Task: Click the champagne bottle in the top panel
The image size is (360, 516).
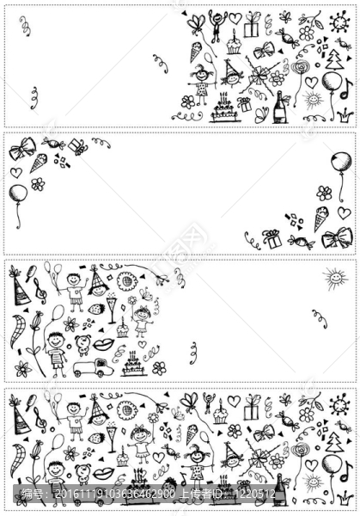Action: tap(280, 108)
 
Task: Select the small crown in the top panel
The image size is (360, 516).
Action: tap(344, 113)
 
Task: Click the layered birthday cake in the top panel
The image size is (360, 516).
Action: tap(223, 108)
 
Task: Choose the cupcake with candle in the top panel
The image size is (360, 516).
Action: tap(233, 44)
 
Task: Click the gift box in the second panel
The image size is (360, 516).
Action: tap(272, 238)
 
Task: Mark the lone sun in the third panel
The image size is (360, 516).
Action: tap(334, 278)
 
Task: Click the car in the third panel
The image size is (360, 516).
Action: tap(93, 368)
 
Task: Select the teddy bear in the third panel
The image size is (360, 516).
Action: tap(83, 345)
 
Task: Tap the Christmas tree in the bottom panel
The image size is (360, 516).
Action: tap(334, 443)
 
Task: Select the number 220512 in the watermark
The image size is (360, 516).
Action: tap(257, 494)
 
